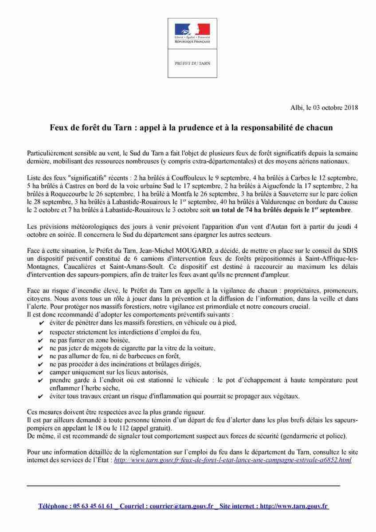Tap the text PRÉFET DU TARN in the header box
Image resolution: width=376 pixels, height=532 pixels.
192,63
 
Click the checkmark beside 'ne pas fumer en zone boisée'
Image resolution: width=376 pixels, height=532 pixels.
41,340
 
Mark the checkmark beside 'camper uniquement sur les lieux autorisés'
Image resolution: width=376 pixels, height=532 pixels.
41,372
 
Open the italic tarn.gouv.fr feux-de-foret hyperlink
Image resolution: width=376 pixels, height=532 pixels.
232,460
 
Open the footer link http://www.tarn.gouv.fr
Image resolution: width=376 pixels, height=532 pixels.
294,506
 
